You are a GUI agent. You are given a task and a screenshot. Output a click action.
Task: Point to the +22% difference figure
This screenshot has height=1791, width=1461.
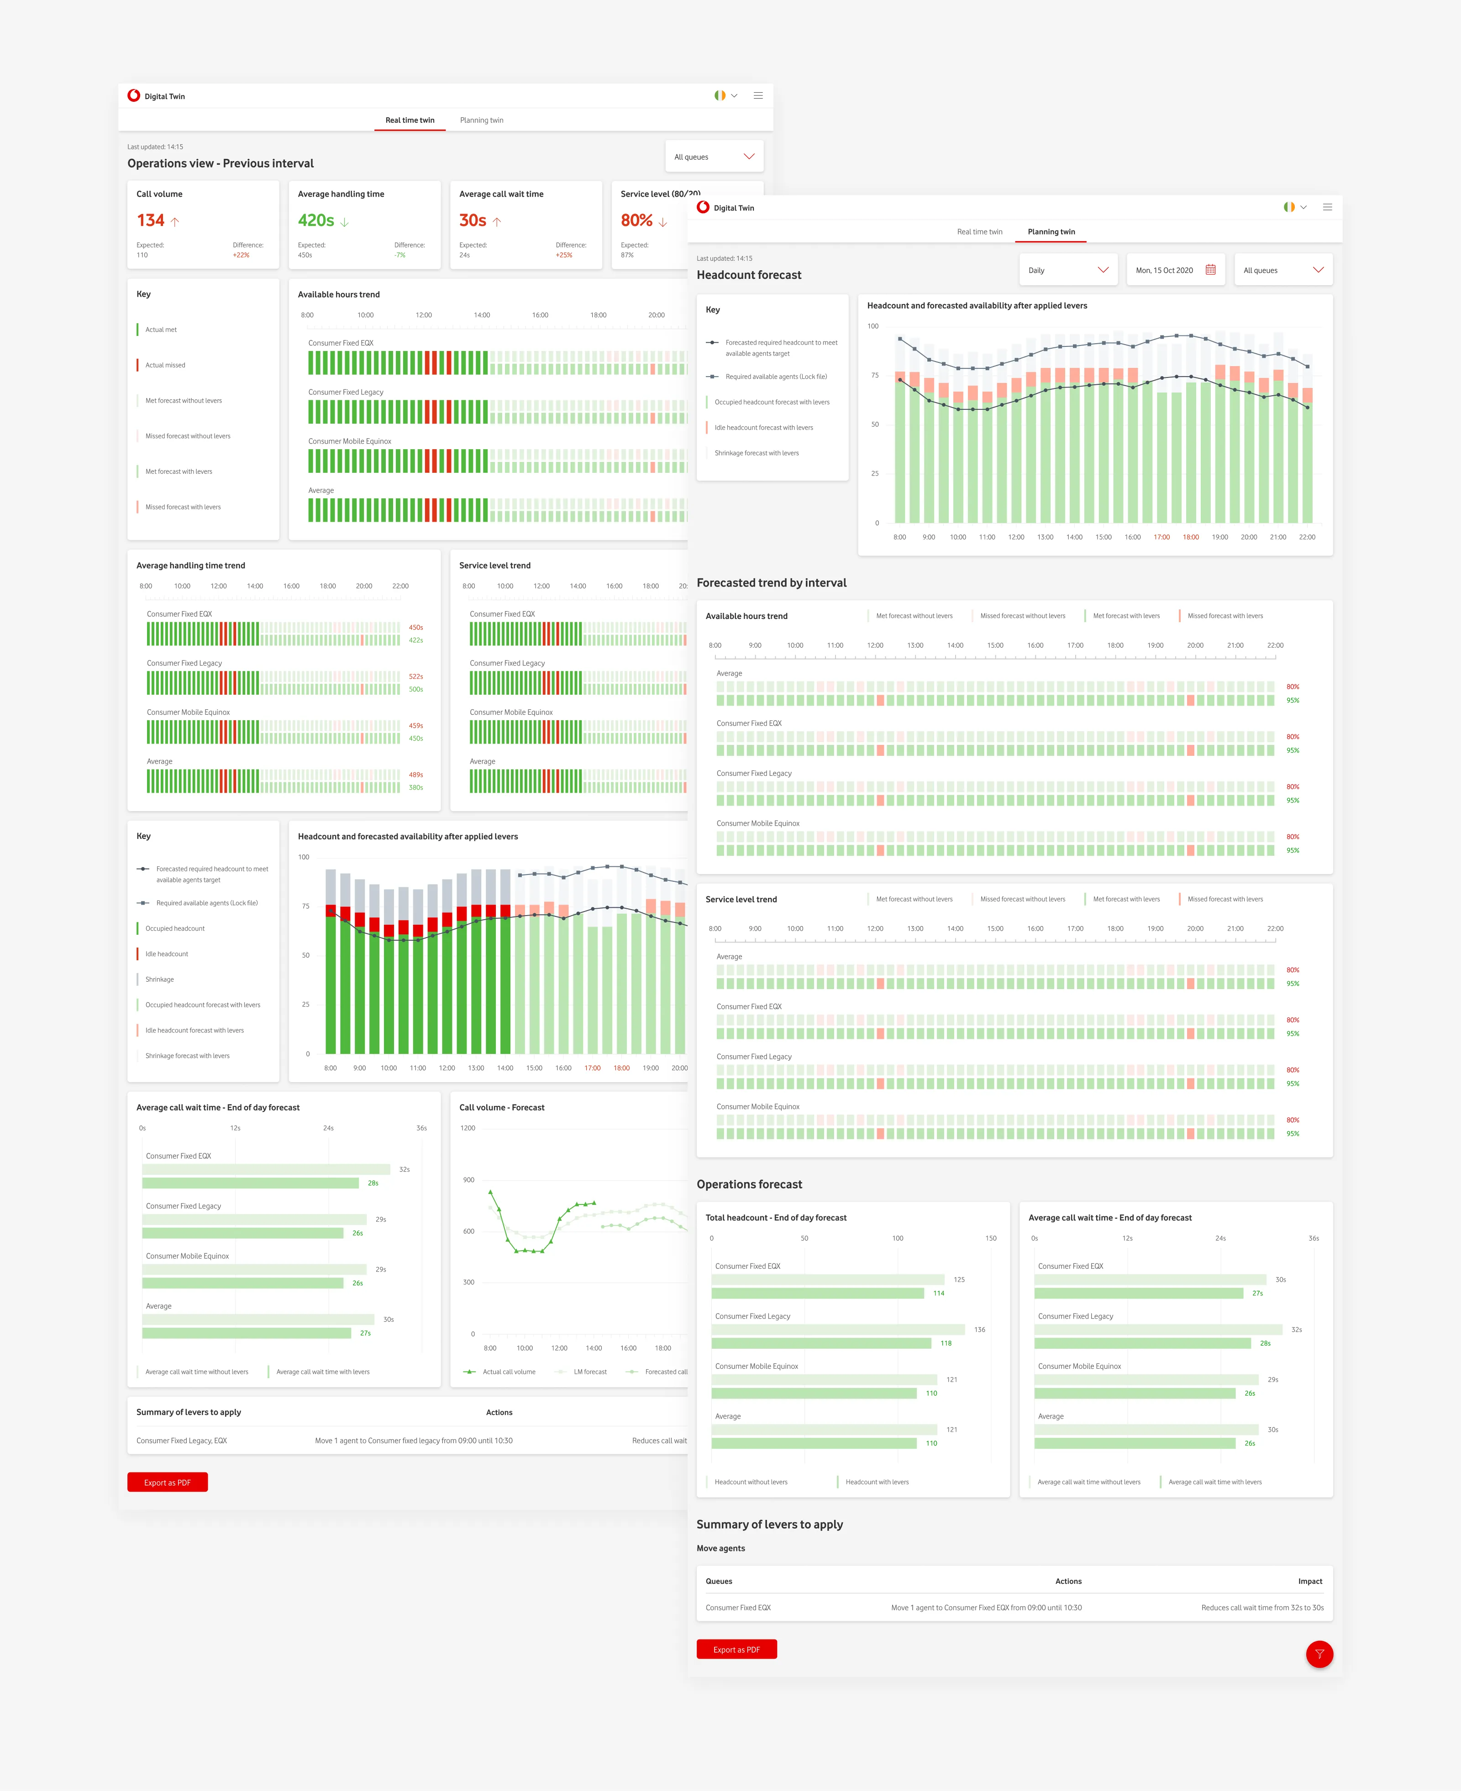(x=242, y=255)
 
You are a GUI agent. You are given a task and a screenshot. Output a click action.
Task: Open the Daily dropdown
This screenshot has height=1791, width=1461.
(x=1067, y=270)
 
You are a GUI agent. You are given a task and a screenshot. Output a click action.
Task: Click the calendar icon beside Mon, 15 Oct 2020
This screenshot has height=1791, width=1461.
(x=1210, y=270)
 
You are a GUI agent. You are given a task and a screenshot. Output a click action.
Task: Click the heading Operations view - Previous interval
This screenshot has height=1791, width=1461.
(x=221, y=163)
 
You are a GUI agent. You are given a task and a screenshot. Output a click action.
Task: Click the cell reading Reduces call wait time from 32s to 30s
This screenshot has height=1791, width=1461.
(x=1261, y=1608)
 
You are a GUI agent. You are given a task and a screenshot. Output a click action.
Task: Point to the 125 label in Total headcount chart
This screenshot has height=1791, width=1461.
(x=959, y=1279)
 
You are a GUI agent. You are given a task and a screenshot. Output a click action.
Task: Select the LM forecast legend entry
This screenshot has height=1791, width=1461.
(x=589, y=1372)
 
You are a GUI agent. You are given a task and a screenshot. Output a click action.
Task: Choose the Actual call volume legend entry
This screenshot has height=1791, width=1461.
(x=508, y=1372)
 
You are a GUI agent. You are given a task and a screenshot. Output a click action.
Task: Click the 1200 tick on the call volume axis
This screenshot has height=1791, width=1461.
(x=468, y=1128)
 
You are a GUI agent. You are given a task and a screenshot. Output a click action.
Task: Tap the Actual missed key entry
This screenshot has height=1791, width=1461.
(x=165, y=365)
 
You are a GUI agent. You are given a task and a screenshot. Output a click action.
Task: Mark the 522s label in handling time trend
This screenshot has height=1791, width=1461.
(x=416, y=676)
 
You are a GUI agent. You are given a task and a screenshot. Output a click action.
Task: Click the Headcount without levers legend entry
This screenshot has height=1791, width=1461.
(x=751, y=1482)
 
